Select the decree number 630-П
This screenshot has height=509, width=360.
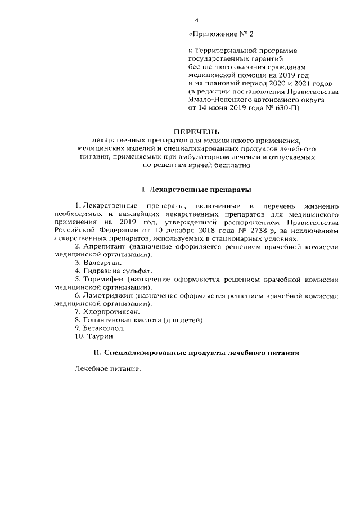[x=285, y=107]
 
